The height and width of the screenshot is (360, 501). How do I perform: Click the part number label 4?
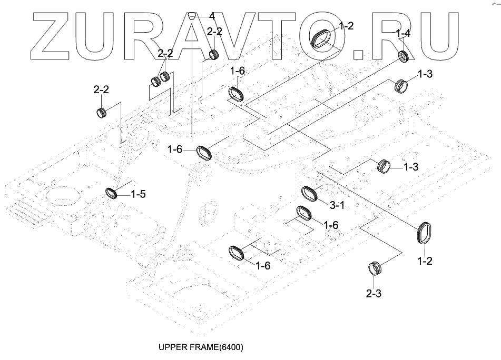[212, 16]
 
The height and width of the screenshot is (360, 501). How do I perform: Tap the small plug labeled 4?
[191, 15]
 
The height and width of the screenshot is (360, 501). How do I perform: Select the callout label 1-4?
[403, 33]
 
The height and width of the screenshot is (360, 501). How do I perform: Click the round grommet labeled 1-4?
[404, 56]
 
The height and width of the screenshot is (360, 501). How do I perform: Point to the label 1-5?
[138, 194]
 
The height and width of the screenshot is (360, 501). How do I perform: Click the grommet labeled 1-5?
[112, 193]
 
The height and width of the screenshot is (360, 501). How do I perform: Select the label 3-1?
[337, 205]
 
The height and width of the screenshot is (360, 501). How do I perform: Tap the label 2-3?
[374, 293]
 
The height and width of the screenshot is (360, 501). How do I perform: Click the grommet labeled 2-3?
[374, 268]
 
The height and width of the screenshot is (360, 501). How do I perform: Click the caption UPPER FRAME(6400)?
[201, 347]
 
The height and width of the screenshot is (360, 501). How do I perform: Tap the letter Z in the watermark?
[51, 36]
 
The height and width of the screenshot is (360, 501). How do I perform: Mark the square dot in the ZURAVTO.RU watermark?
[358, 55]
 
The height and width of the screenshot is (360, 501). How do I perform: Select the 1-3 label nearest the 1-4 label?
[425, 74]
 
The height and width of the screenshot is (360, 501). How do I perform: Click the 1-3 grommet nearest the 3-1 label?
[384, 166]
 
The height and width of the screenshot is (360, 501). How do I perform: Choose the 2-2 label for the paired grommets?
[165, 53]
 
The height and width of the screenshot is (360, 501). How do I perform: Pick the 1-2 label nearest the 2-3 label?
[425, 261]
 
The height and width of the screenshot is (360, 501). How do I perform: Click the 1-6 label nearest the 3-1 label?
[331, 225]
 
